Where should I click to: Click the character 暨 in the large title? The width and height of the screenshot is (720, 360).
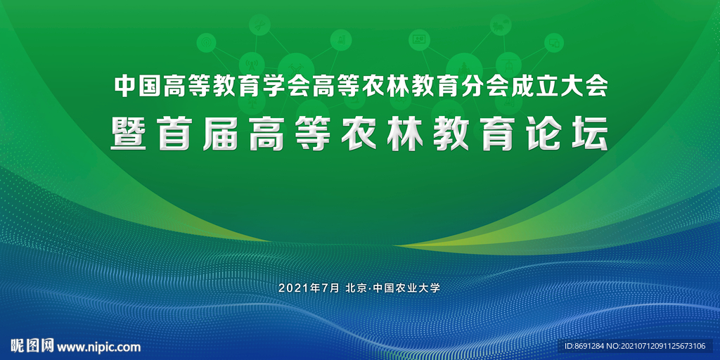(x=129, y=134)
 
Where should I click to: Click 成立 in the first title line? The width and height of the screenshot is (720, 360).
(x=534, y=86)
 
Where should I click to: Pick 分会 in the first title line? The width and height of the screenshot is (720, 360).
(x=484, y=86)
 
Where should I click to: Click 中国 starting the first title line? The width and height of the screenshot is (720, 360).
(x=139, y=86)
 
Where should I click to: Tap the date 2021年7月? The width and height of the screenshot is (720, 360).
(x=309, y=288)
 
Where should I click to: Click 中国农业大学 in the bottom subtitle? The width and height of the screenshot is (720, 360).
(x=407, y=288)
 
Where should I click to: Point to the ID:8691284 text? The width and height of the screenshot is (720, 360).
(x=584, y=346)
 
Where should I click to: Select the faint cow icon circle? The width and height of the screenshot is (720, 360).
(x=500, y=25)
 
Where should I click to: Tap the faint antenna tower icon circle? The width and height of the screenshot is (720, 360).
(x=252, y=64)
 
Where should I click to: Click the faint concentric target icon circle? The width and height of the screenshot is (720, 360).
(x=206, y=43)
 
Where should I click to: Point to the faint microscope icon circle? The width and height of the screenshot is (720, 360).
(x=341, y=40)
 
